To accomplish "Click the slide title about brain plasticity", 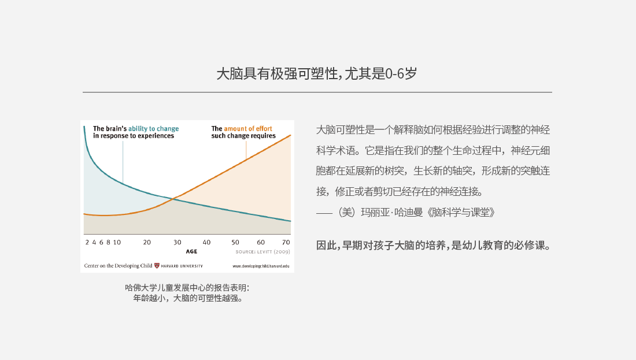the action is click(x=317, y=74).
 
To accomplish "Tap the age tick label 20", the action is click(x=147, y=242).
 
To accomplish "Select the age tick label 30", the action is click(x=178, y=242).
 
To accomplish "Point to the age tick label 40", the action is click(x=206, y=242).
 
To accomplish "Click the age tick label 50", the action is click(x=235, y=242).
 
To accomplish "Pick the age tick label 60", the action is click(x=261, y=242).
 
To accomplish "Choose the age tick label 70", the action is click(x=286, y=242).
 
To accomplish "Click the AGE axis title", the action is click(x=191, y=251).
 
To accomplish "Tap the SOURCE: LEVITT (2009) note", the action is click(x=263, y=252).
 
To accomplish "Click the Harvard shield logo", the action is click(x=157, y=266).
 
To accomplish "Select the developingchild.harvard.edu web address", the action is click(x=261, y=266).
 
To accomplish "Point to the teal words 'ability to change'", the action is click(x=153, y=128).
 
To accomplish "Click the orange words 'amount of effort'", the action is click(x=248, y=128).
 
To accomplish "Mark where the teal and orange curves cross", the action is click(x=173, y=199).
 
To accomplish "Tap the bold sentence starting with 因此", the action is click(x=433, y=245).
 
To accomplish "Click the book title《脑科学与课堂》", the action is click(x=461, y=213).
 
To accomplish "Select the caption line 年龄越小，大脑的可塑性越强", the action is click(x=188, y=298).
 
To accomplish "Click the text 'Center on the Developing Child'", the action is click(x=118, y=266).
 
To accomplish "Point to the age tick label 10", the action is click(x=117, y=242).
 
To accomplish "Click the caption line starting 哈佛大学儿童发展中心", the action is click(x=187, y=288).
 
